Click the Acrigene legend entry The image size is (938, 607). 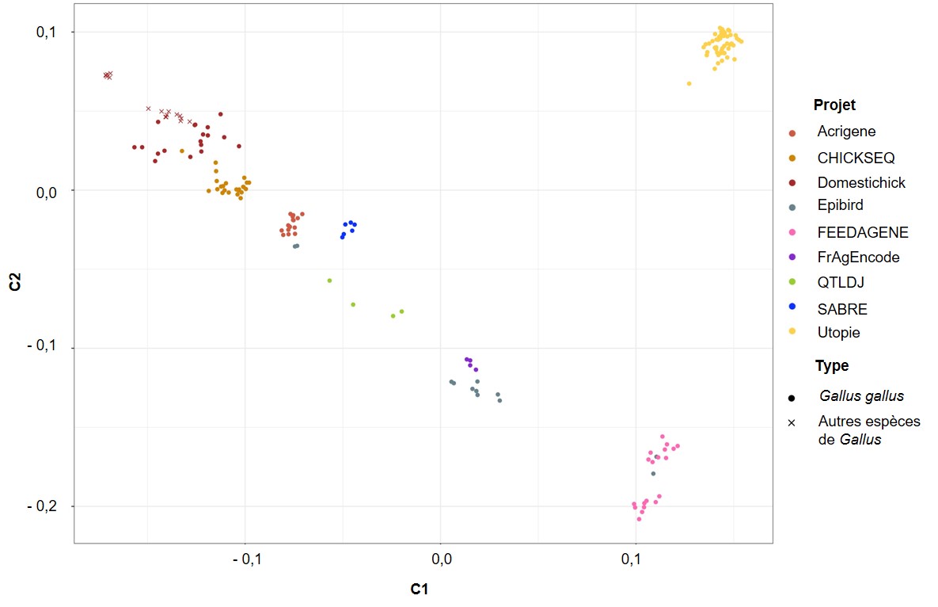click(x=846, y=132)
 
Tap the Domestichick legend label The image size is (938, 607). click(x=861, y=182)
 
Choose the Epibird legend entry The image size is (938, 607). click(x=840, y=205)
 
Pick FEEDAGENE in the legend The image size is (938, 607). click(x=863, y=232)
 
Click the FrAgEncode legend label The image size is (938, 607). click(x=858, y=257)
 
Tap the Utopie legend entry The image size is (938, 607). click(x=838, y=333)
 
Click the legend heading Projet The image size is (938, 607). click(x=834, y=105)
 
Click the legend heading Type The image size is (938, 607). click(x=831, y=365)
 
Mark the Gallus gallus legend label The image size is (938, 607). click(x=861, y=396)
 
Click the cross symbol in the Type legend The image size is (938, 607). click(x=792, y=422)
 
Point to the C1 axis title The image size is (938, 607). click(x=420, y=589)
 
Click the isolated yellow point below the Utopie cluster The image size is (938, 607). click(x=689, y=83)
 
